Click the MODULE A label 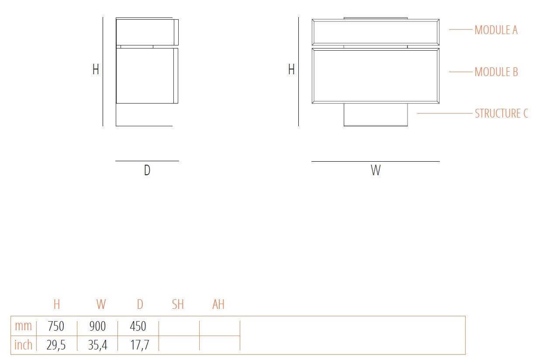tap(496, 30)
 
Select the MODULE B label tap(496, 72)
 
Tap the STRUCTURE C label tap(501, 114)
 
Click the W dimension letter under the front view tap(376, 170)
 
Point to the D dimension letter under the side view tap(147, 170)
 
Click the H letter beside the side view tap(96, 69)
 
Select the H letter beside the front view tap(291, 69)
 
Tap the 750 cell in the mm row tap(56, 326)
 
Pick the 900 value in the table tap(97, 326)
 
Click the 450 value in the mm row tap(138, 326)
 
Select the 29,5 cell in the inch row tap(56, 345)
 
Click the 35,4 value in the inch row tap(97, 345)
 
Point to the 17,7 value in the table tap(139, 345)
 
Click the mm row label tap(23, 326)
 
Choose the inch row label tap(23, 345)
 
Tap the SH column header tap(178, 305)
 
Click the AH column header tap(218, 305)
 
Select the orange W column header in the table tap(101, 305)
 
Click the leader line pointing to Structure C tap(444, 114)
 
